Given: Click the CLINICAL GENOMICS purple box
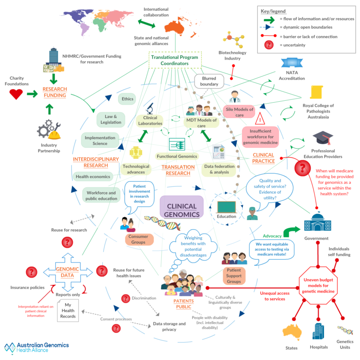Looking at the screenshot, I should click(181, 207).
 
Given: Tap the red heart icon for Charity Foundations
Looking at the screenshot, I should click(16, 94).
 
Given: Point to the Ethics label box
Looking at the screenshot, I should click(127, 99).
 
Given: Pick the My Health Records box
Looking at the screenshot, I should click(67, 311).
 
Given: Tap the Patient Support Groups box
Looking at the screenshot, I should click(234, 276).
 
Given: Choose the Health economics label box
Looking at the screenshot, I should click(92, 177).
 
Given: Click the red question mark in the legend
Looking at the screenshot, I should click(270, 45).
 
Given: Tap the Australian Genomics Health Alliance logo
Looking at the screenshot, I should click(36, 347).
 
